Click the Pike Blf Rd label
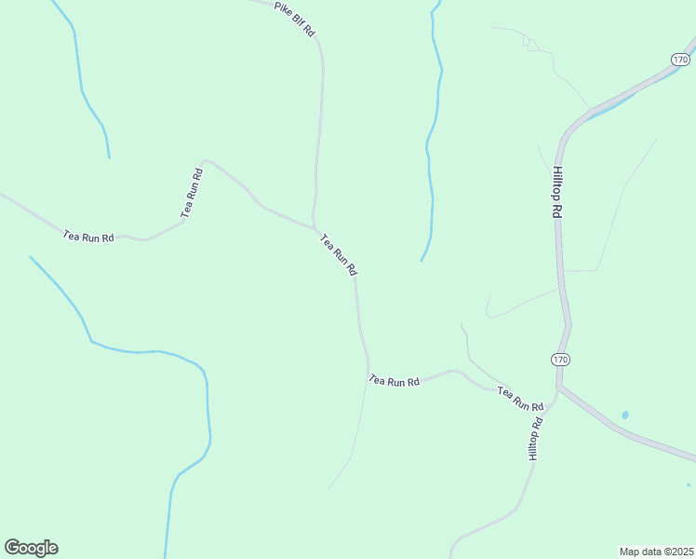(295, 20)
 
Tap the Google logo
(31, 548)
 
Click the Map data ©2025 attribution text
(656, 551)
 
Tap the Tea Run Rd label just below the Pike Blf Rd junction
(339, 254)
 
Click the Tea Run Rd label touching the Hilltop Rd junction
(520, 399)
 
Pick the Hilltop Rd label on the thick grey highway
(557, 192)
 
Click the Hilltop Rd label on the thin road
(534, 439)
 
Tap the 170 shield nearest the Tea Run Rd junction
(559, 360)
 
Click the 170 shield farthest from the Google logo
(678, 59)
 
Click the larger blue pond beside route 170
(624, 415)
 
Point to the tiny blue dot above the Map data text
(688, 484)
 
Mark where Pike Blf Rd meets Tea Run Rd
(315, 226)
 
